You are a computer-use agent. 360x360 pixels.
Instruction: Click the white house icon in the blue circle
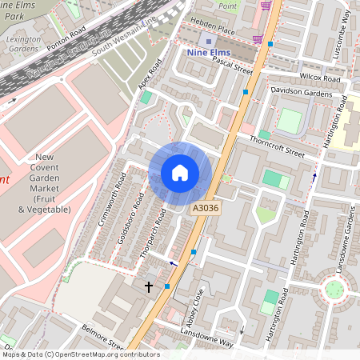pyautogui.click(x=180, y=173)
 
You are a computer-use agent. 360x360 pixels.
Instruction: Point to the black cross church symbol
pyautogui.click(x=148, y=286)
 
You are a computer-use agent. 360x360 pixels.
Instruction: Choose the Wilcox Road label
pyautogui.click(x=321, y=79)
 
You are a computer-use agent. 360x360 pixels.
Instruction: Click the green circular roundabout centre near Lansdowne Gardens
pyautogui.click(x=335, y=288)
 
